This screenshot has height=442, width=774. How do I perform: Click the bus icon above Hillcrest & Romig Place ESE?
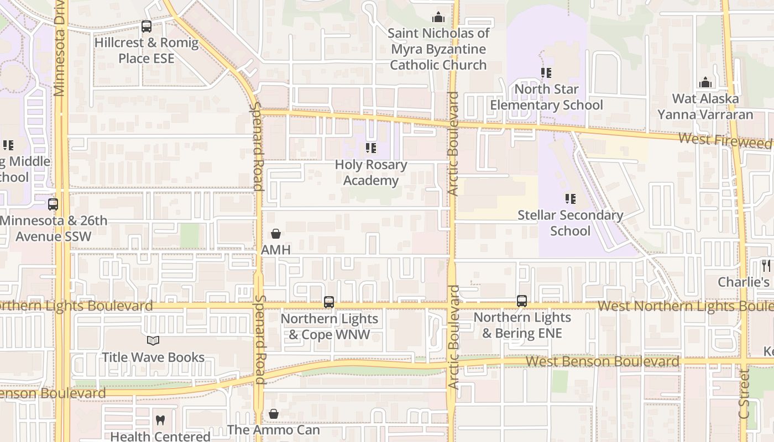(x=147, y=26)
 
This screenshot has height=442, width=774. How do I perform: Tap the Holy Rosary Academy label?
(x=371, y=172)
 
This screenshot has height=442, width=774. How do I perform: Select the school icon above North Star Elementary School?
(x=546, y=72)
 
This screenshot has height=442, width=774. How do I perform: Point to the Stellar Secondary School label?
(x=570, y=223)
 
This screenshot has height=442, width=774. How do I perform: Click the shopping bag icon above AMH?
(x=276, y=234)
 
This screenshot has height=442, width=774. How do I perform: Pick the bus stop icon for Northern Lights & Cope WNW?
(x=329, y=302)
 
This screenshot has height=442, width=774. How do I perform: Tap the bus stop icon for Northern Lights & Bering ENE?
(x=522, y=301)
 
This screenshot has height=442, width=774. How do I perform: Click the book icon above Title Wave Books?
(x=153, y=341)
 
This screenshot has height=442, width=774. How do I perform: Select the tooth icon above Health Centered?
(x=160, y=420)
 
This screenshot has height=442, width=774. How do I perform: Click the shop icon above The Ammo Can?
(x=274, y=413)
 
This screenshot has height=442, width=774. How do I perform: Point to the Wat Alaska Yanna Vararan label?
(x=705, y=107)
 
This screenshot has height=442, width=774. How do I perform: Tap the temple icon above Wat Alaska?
(x=705, y=83)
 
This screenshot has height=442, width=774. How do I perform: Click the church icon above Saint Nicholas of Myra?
(x=438, y=17)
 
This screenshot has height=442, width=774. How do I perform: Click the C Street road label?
(x=744, y=394)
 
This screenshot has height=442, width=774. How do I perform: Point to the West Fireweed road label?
(x=724, y=141)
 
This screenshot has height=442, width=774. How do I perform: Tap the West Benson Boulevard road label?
(x=602, y=361)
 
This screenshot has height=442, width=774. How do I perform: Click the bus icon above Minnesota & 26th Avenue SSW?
(x=53, y=204)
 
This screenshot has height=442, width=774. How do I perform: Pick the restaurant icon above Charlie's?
(x=766, y=266)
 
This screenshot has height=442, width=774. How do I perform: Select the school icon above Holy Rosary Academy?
(x=371, y=148)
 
